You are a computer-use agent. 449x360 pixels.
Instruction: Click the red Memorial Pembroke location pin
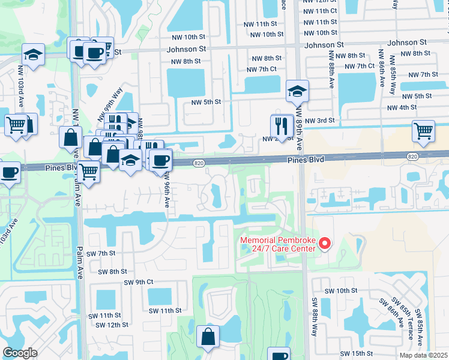coord(325,243)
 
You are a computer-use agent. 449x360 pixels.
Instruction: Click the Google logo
coord(20,353)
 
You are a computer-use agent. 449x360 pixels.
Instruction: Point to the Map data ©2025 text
coord(423,355)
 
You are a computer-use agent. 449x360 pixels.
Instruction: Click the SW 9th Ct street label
coord(139,282)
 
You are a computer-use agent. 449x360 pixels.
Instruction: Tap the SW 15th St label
coord(357,354)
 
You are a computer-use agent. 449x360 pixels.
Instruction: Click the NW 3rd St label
coord(318,121)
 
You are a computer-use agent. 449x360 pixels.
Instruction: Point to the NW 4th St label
coord(402,107)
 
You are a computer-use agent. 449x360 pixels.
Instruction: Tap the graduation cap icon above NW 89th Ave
coord(297,91)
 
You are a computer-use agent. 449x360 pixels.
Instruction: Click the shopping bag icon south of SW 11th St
coord(208,337)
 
